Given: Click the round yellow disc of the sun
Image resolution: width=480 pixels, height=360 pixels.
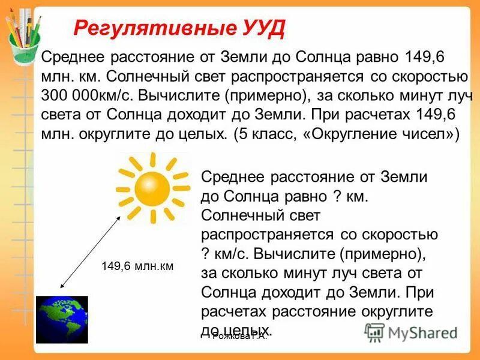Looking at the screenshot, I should click(x=152, y=187).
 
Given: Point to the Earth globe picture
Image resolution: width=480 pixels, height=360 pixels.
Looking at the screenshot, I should click(x=61, y=319).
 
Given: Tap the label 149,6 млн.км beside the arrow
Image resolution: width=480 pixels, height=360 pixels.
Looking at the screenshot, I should click(x=137, y=266).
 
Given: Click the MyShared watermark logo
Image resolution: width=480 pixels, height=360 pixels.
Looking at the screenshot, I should click(x=411, y=332).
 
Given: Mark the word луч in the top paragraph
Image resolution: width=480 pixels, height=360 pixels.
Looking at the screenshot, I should click(x=442, y=96).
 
